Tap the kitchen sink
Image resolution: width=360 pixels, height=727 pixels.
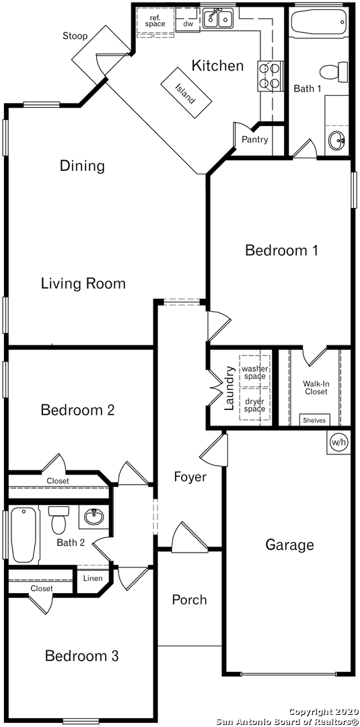click(219, 18)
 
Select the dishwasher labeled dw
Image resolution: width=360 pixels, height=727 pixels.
click(188, 23)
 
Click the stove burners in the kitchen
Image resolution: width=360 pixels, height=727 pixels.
click(269, 76)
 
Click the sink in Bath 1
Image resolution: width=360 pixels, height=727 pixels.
click(336, 139)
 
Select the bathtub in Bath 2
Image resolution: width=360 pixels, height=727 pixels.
click(23, 534)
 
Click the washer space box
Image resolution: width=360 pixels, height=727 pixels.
click(254, 372)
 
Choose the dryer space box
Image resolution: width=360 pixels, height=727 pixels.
click(254, 405)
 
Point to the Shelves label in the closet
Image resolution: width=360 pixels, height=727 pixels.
click(314, 421)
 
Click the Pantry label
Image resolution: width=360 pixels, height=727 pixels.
click(255, 139)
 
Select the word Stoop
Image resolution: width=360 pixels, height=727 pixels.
click(75, 36)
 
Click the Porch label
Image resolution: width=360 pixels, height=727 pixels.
click(190, 600)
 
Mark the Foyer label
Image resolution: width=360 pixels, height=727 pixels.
click(190, 477)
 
